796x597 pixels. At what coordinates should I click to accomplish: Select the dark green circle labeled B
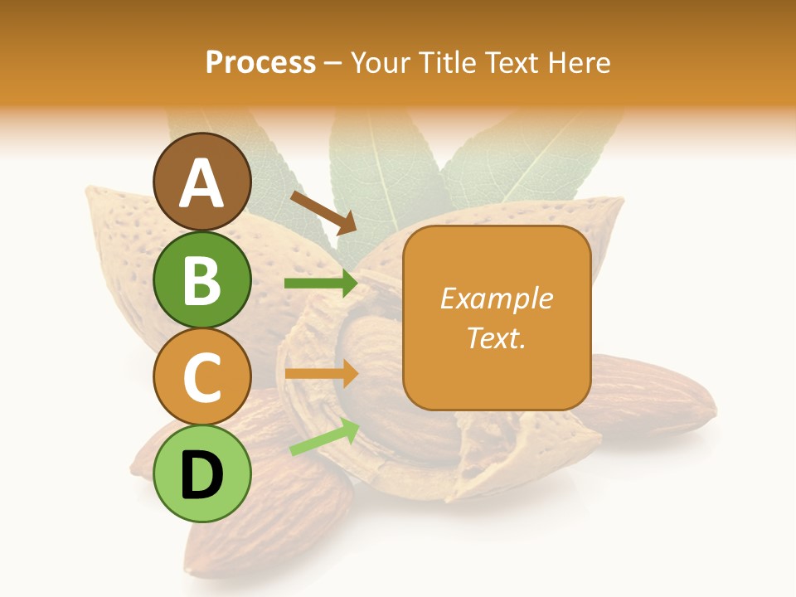(202, 279)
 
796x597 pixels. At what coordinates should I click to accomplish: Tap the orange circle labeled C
(202, 376)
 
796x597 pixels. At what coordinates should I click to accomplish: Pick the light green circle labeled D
(202, 473)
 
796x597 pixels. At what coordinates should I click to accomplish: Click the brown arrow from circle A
(323, 212)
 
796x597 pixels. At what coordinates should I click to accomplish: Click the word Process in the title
(260, 62)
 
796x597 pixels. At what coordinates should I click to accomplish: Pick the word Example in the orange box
(497, 298)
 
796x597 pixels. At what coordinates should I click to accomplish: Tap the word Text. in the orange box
(497, 337)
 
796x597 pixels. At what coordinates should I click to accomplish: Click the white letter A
(202, 184)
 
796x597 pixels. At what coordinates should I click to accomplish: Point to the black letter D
(202, 475)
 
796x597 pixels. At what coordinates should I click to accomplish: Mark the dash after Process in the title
(332, 64)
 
